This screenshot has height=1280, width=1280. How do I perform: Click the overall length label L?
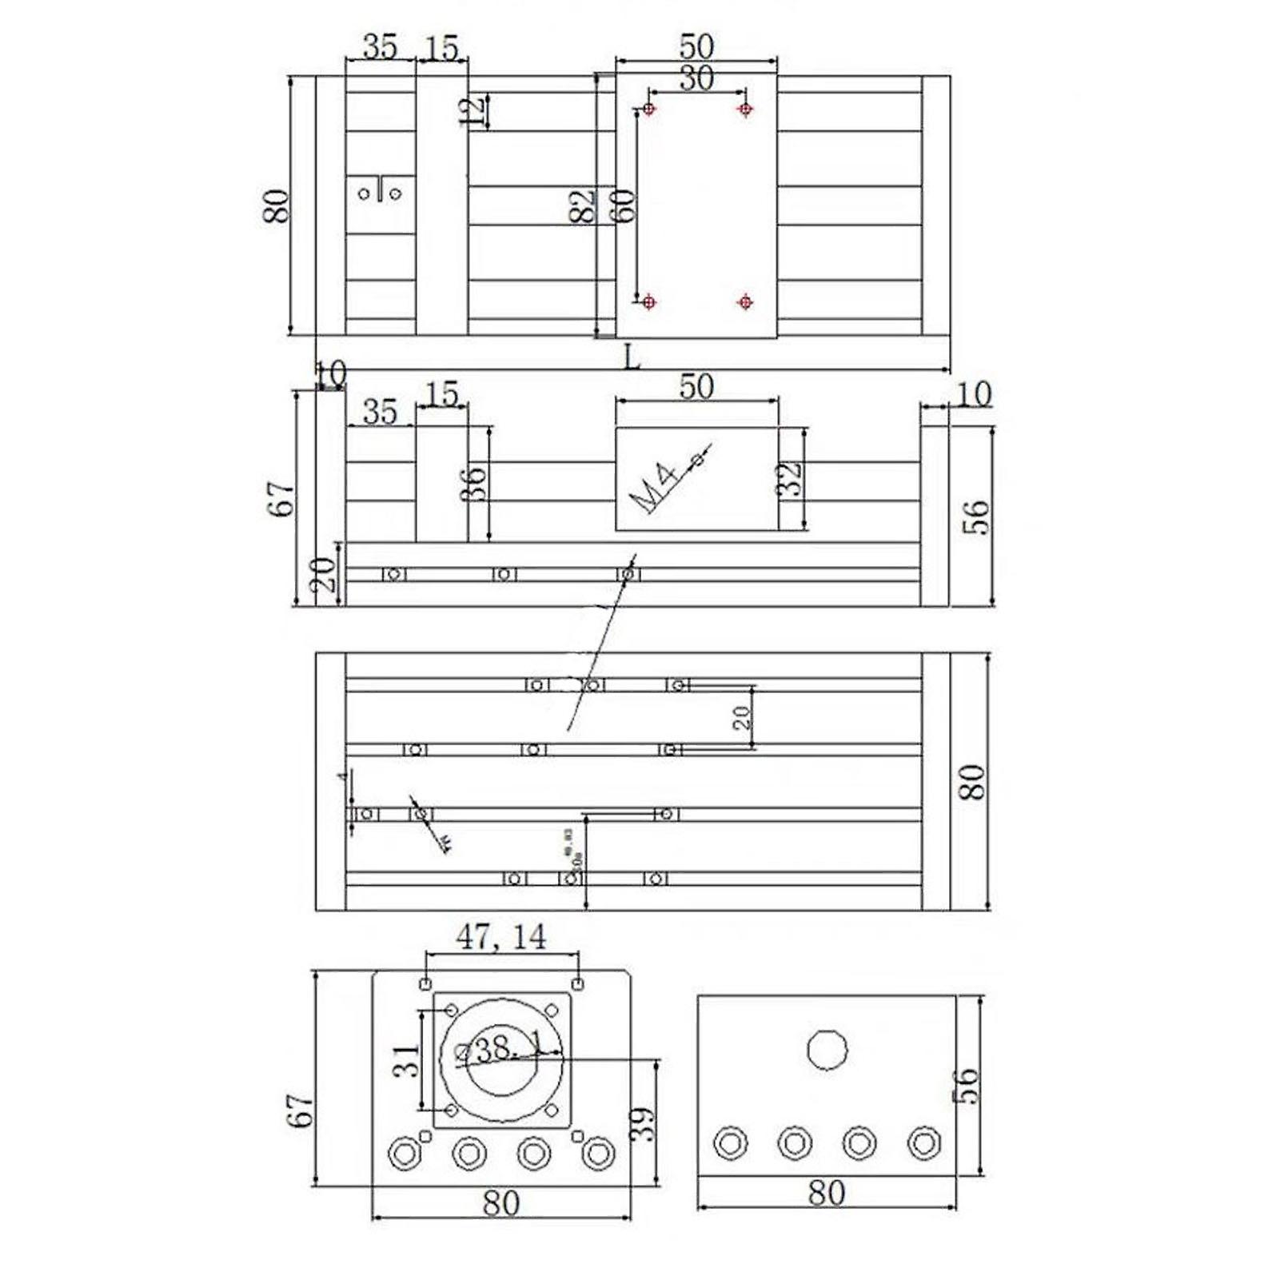point(632,357)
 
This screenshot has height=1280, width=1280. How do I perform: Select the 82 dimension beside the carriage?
point(583,206)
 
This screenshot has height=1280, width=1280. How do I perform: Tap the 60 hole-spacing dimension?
point(624,206)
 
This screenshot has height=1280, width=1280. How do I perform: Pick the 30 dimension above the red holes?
point(696,79)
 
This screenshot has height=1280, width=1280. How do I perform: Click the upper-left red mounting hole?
point(648,109)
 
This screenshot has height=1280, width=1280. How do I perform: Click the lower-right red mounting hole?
point(745,301)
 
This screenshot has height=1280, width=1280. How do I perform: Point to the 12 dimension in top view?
point(475,111)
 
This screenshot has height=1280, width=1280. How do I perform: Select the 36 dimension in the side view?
point(475,484)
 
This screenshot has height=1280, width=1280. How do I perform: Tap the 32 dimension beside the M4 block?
point(790,480)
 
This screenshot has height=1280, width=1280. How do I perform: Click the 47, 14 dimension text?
point(501,936)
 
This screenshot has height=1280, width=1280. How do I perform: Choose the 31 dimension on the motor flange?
point(407,1061)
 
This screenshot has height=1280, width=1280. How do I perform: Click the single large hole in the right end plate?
point(827,1050)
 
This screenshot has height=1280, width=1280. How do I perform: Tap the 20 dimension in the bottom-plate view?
point(743,717)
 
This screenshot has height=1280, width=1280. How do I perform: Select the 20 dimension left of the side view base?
point(323,574)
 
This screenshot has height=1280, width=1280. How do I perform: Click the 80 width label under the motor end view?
point(501,1203)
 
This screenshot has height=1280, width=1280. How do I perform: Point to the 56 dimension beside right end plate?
point(967,1085)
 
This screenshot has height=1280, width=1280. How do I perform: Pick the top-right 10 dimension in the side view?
point(973,394)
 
